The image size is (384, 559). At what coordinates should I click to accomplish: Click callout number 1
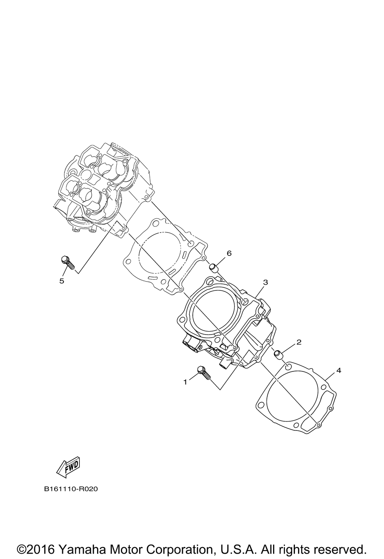click(185, 382)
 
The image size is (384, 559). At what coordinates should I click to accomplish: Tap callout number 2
click(299, 342)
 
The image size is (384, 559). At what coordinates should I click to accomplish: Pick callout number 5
click(61, 281)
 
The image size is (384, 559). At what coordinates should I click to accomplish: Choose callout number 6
click(229, 253)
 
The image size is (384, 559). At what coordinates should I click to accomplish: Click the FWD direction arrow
click(68, 467)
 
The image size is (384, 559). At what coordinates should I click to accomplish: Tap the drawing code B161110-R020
click(71, 489)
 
